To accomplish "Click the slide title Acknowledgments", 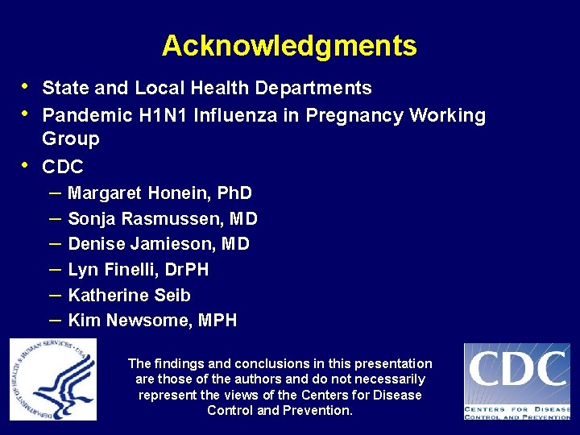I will (289, 46).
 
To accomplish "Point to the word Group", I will (71, 139).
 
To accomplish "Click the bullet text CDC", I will (63, 167).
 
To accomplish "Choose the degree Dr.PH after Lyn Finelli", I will (184, 270).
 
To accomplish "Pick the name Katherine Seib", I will (129, 295).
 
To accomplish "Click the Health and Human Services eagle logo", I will (53, 379).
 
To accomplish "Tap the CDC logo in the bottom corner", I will (516, 380).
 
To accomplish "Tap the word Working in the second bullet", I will (447, 115).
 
